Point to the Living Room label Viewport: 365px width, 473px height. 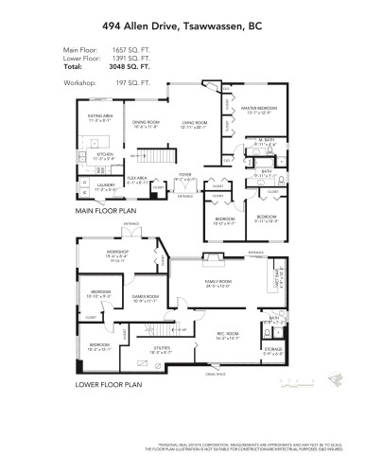click(194, 122)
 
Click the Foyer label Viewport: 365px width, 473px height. click(185, 174)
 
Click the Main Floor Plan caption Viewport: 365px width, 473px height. click(96, 210)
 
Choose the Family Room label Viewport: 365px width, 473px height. click(219, 283)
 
